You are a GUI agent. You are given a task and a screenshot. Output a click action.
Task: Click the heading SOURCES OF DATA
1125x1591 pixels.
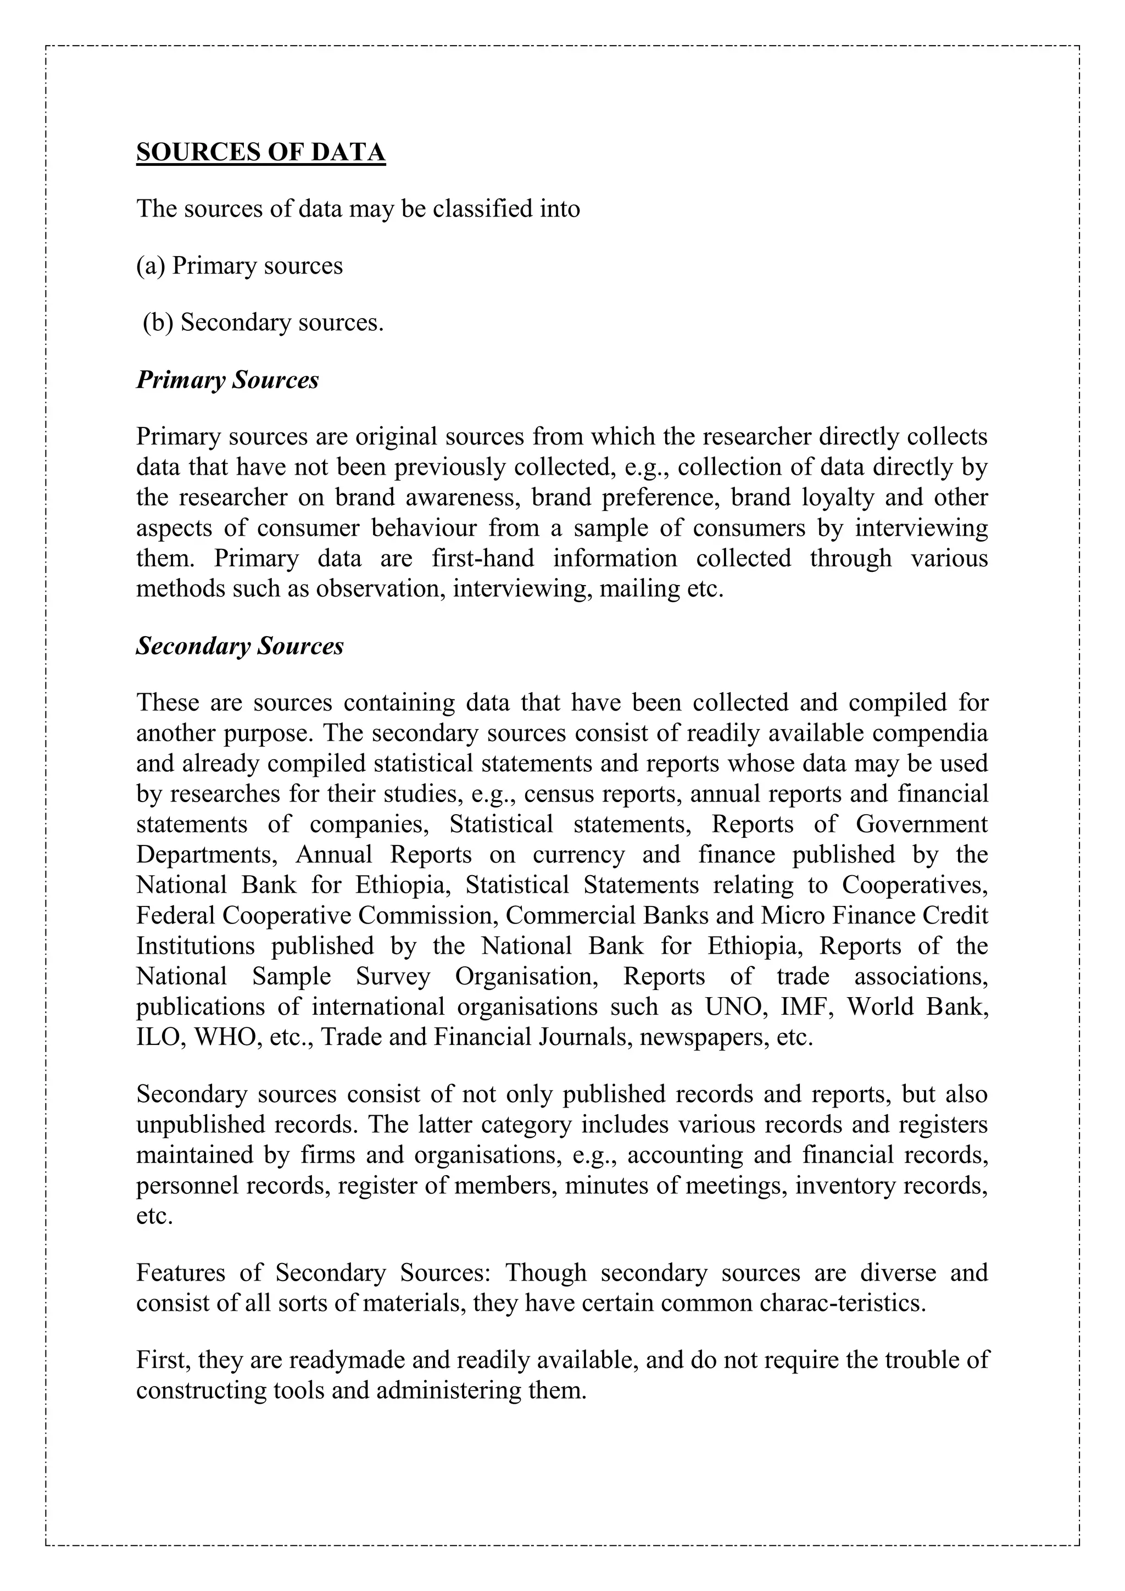pyautogui.click(x=260, y=152)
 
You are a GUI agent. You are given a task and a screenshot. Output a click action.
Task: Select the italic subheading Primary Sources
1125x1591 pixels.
pyautogui.click(x=227, y=380)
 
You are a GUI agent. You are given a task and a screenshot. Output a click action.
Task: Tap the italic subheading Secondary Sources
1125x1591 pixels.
pyautogui.click(x=240, y=646)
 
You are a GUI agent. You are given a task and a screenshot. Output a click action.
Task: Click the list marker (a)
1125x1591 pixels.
pyautogui.click(x=151, y=266)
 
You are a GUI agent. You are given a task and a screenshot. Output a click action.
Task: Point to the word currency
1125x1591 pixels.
pyautogui.click(x=578, y=854)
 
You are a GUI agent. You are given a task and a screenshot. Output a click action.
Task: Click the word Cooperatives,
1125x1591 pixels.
pyautogui.click(x=915, y=885)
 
